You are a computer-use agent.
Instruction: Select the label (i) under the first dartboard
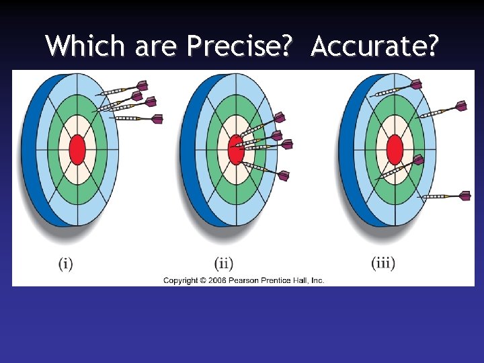(x=65, y=263)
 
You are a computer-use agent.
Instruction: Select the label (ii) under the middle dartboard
(x=224, y=263)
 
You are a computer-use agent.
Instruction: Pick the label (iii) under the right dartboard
(x=383, y=263)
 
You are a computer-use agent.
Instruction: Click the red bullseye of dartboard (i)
(x=77, y=149)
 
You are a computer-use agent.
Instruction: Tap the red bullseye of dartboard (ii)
(x=236, y=150)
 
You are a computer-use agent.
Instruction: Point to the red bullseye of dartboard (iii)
(x=395, y=149)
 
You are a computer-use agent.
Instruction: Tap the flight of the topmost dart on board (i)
(x=141, y=85)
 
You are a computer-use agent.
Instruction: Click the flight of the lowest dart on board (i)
(x=157, y=119)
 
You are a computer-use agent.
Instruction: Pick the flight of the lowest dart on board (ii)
(x=283, y=175)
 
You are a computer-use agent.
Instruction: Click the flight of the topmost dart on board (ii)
(x=276, y=118)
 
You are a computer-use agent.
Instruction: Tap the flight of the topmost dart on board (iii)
(x=416, y=85)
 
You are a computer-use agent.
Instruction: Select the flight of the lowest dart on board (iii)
(x=464, y=196)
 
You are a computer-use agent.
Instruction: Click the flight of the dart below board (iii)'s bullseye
(x=418, y=160)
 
